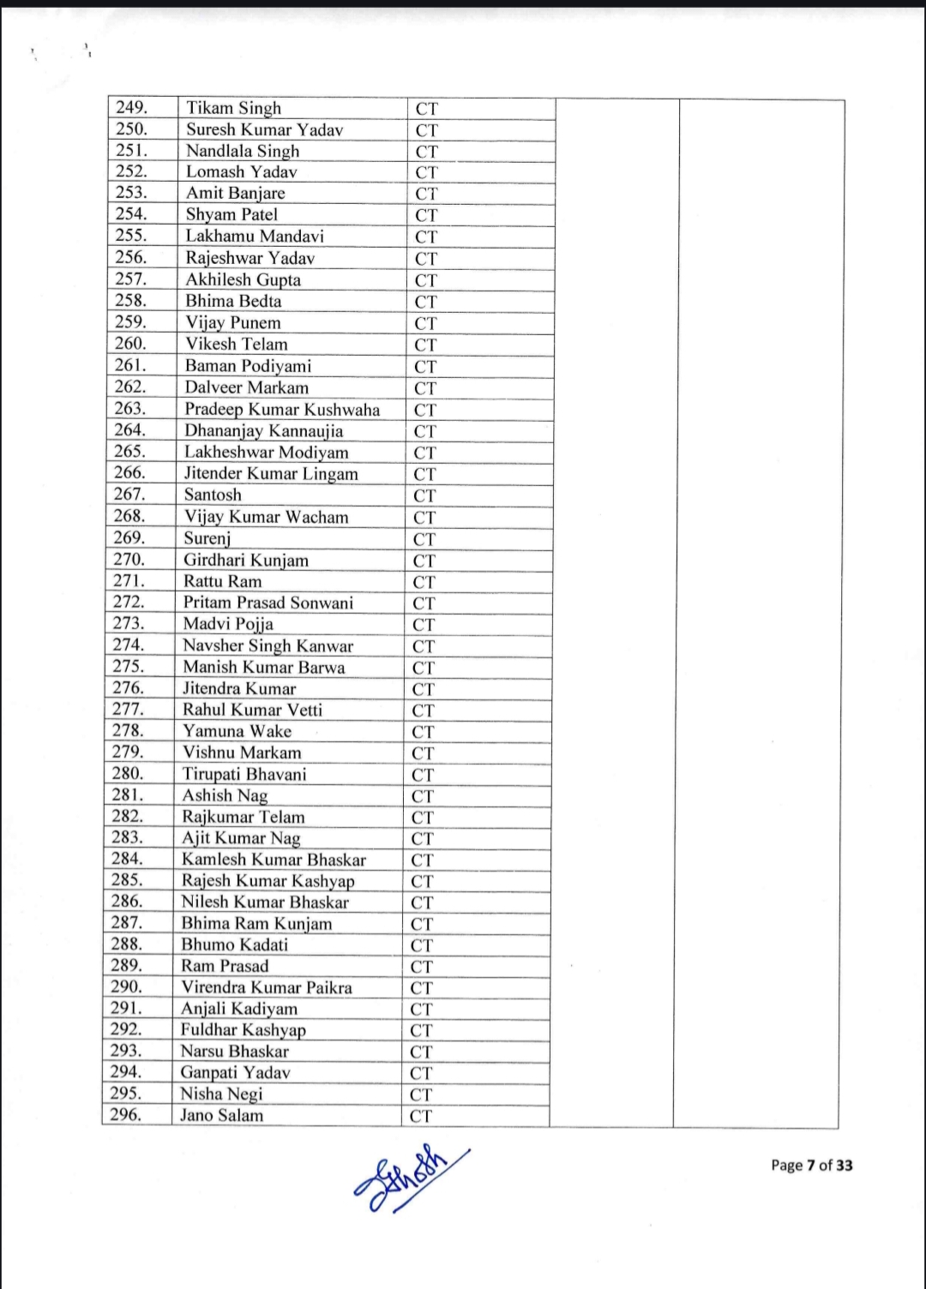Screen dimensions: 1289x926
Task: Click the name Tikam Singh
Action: point(233,108)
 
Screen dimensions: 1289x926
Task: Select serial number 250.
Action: point(132,129)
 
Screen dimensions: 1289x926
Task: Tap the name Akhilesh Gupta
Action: point(243,279)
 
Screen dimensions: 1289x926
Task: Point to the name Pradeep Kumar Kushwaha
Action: point(282,410)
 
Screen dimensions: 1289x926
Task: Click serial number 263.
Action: point(130,409)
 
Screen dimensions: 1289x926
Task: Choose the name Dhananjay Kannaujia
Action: point(263,431)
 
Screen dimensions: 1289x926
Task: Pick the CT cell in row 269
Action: point(424,539)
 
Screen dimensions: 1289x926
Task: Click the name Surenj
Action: point(207,538)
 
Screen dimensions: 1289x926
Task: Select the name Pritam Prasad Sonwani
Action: point(268,603)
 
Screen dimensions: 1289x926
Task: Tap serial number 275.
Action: point(129,666)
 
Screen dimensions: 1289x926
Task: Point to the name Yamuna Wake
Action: point(237,731)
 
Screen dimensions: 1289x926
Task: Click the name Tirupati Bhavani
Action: point(244,774)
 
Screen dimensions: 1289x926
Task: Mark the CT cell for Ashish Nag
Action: point(423,796)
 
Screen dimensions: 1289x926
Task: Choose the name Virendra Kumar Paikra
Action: point(266,987)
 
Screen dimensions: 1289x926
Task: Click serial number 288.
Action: point(126,944)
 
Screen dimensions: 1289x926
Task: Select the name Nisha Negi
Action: point(221,1094)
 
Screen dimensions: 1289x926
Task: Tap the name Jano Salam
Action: point(221,1115)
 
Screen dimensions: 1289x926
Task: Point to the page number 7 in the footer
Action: point(810,1165)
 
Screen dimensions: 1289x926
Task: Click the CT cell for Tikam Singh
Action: point(427,109)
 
